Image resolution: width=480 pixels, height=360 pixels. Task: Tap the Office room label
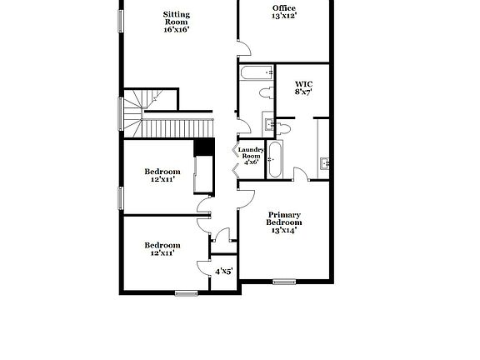[283, 8]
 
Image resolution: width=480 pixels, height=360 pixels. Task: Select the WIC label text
[303, 84]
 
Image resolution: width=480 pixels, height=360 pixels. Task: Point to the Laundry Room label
[251, 152]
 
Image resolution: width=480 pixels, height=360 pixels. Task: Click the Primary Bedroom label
[283, 219]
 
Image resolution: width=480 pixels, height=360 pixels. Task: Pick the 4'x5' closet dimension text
[224, 271]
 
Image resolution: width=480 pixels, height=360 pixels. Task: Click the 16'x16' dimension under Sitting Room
[177, 29]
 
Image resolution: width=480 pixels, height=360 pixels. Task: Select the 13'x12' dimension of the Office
[283, 16]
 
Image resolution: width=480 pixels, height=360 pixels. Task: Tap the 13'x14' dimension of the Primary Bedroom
[283, 231]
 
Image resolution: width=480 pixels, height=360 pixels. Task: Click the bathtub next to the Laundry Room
[275, 159]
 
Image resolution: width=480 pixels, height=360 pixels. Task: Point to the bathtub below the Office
[251, 74]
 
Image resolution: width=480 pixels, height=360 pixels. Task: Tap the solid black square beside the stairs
[201, 147]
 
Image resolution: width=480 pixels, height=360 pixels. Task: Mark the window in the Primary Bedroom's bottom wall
[286, 282]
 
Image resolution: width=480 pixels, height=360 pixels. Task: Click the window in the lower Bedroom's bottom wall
[186, 292]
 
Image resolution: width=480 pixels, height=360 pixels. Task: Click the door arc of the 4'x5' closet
[203, 267]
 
